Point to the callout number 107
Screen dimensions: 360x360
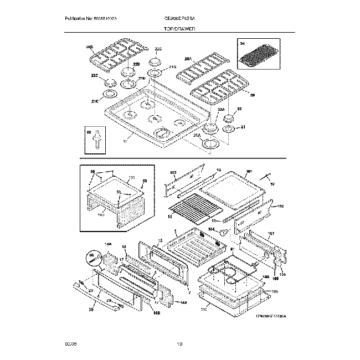point(271,233)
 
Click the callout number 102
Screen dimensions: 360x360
point(280,206)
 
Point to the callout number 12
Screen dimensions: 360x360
point(160,241)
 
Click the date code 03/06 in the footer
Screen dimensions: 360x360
point(70,344)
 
